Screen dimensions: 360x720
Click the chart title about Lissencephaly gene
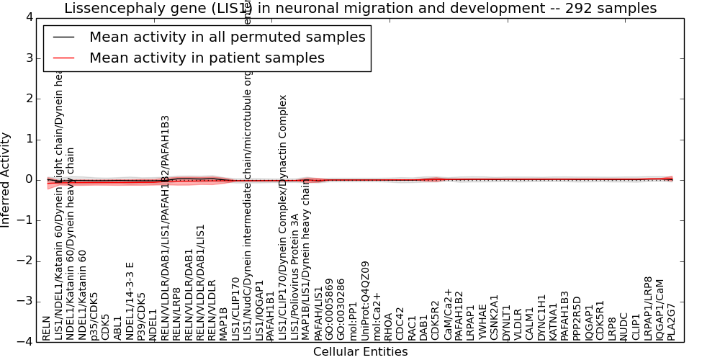coord(360,9)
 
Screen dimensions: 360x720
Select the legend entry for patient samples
coord(207,58)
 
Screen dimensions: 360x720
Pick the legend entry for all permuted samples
coord(227,37)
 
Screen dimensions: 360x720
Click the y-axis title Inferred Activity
coord(6,180)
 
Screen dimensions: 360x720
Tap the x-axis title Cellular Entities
coord(360,352)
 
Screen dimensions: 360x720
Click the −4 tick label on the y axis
coord(24,342)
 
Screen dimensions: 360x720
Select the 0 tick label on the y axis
coord(27,180)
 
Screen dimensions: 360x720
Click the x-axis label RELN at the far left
coord(47,332)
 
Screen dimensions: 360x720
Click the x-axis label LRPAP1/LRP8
coord(648,308)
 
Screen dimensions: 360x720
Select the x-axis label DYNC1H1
coord(541,318)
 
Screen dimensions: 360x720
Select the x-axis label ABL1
coord(117,329)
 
